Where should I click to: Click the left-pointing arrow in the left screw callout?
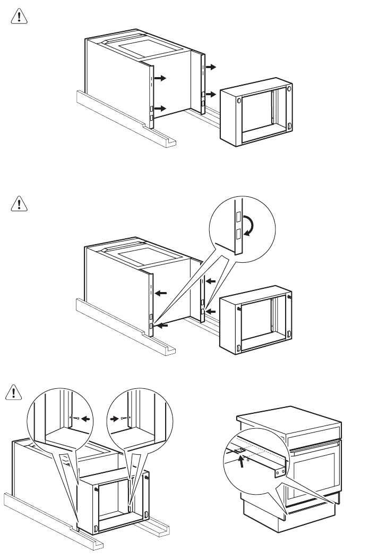point(85,419)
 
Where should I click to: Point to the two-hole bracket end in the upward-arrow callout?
point(281,470)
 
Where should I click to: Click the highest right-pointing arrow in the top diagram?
point(211,67)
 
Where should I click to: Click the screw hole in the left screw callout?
point(78,419)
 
